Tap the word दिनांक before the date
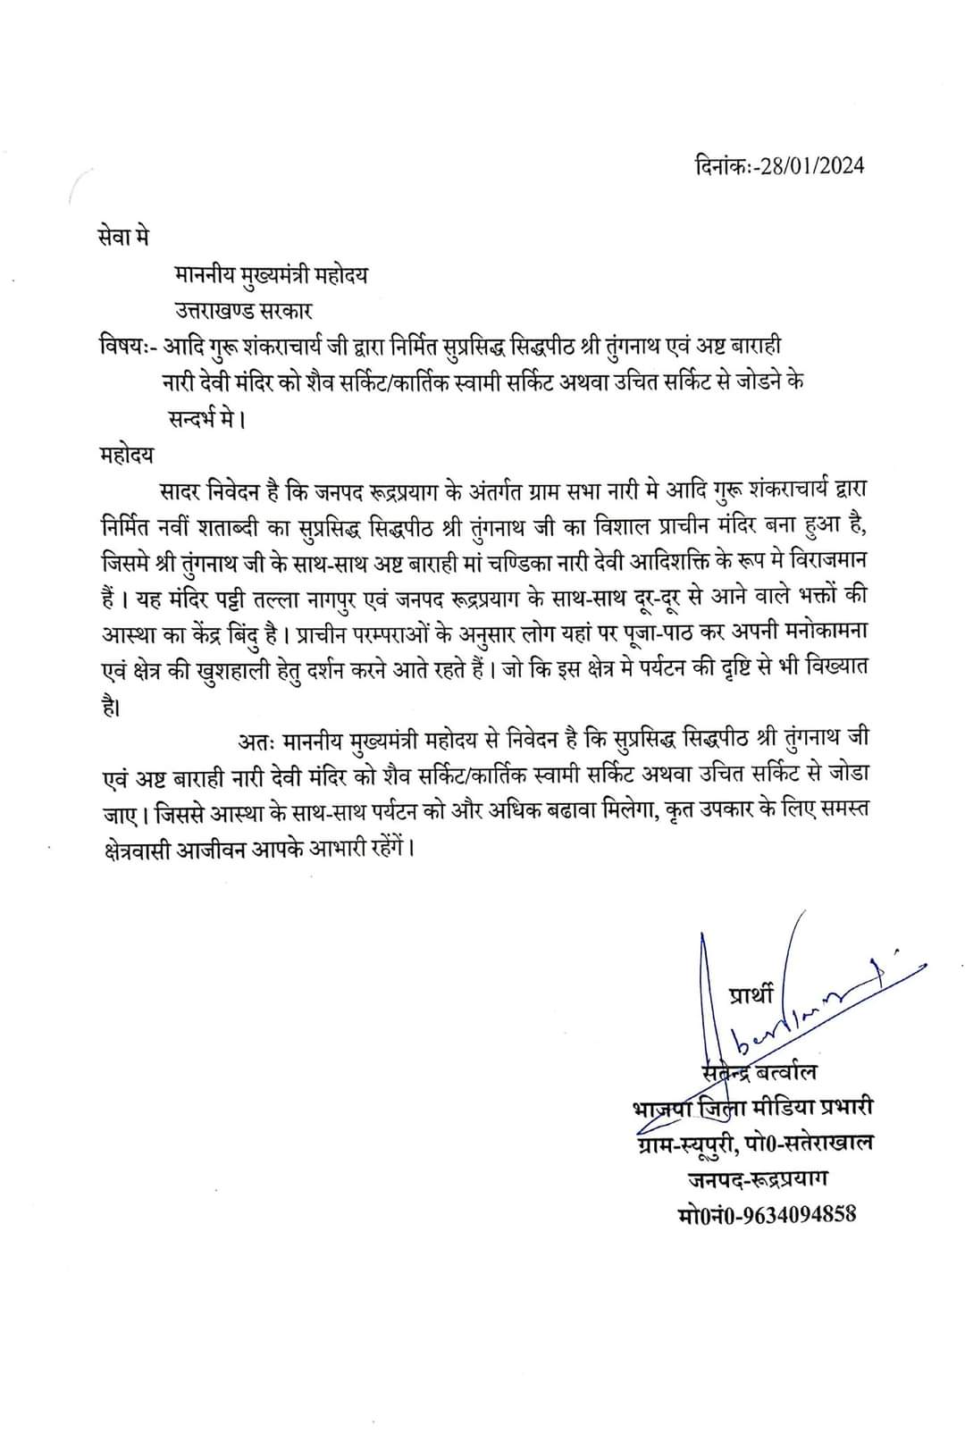[722, 167]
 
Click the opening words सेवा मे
[124, 238]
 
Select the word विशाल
[623, 527]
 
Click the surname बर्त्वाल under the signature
[785, 1072]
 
